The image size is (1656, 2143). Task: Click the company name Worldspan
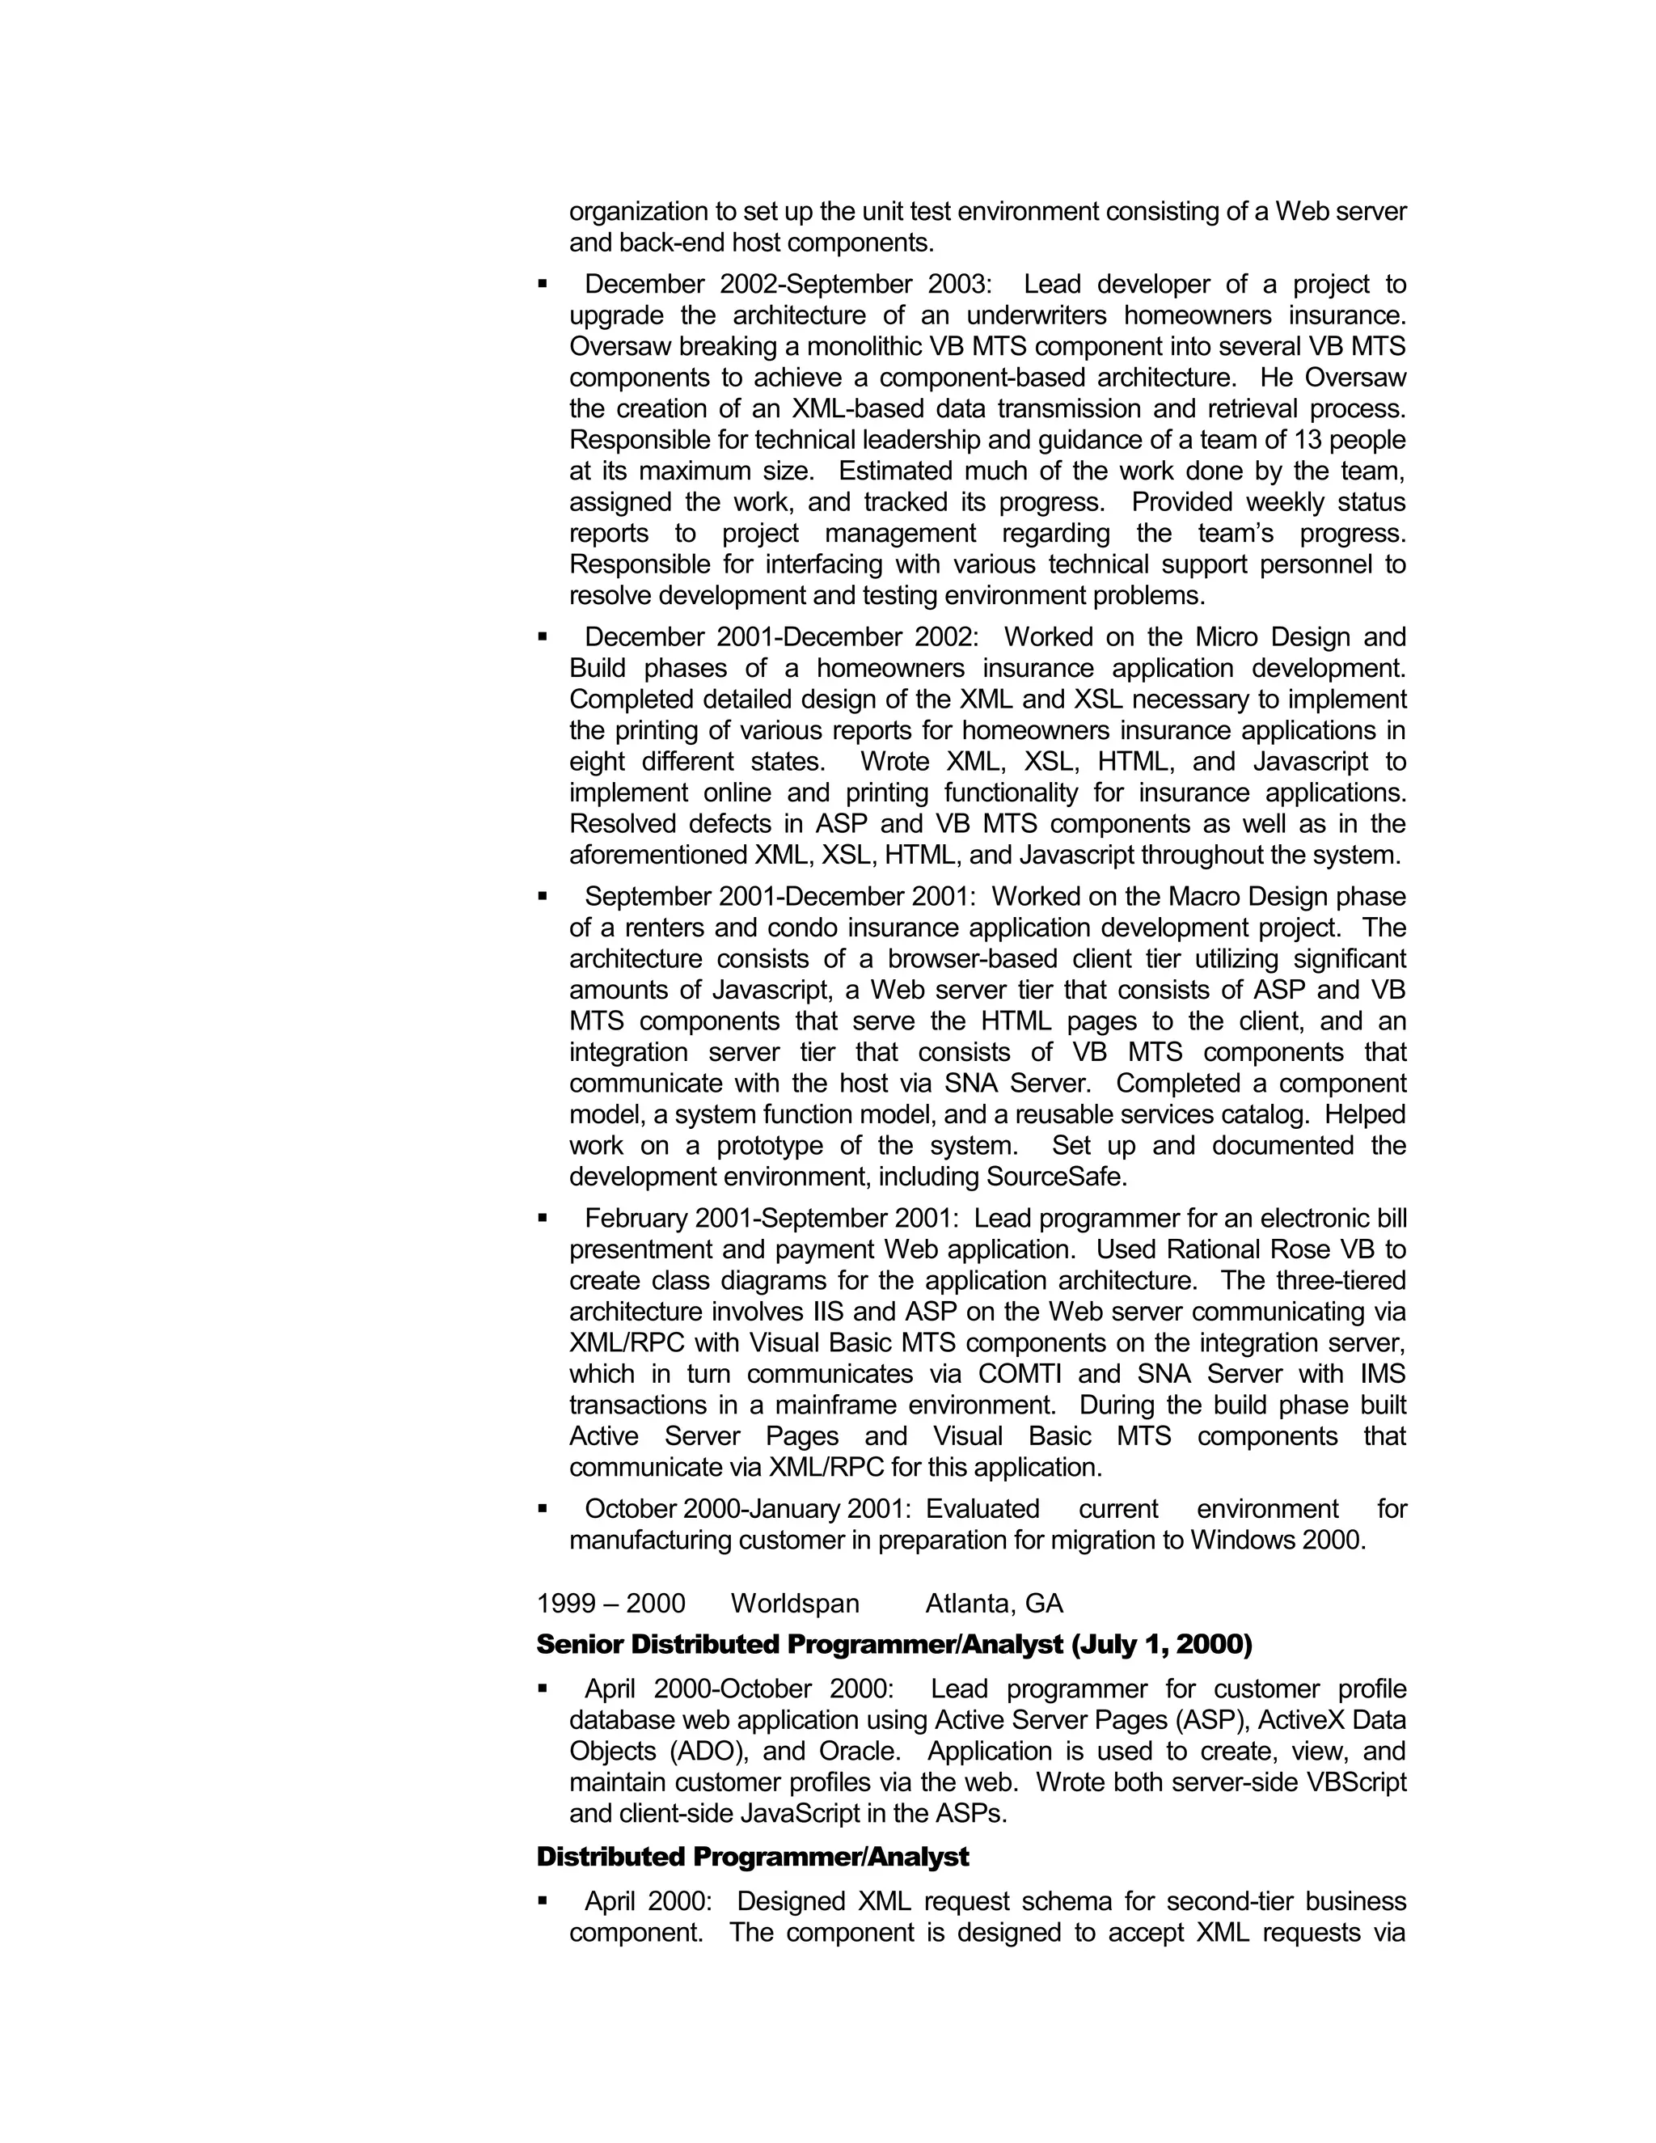pos(795,1604)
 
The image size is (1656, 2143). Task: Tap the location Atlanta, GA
pos(994,1604)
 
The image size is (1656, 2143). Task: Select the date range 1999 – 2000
pos(610,1604)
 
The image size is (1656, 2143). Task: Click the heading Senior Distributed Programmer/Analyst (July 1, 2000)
pos(893,1645)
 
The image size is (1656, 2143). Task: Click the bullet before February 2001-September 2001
pos(543,1219)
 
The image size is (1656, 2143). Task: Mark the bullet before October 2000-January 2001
pos(543,1509)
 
